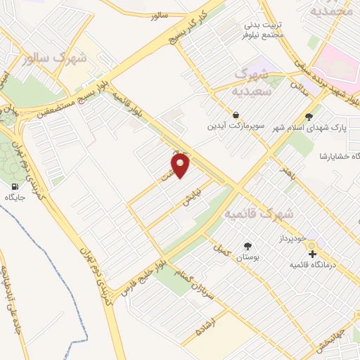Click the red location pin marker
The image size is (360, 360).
click(x=181, y=166)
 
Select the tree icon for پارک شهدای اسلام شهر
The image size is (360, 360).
click(x=309, y=116)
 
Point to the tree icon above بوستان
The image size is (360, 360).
click(x=247, y=246)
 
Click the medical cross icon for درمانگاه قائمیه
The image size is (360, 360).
click(x=313, y=254)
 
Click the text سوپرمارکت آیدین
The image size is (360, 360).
click(x=236, y=127)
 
